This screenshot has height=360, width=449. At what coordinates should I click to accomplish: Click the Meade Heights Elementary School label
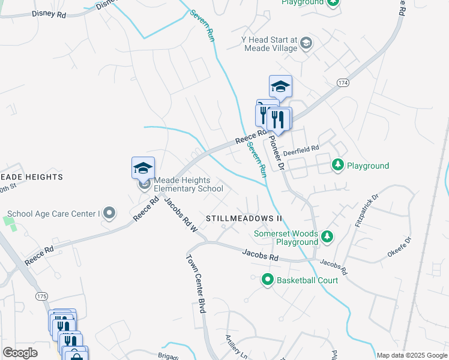188,184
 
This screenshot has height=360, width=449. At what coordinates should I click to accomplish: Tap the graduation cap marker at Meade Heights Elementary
143,167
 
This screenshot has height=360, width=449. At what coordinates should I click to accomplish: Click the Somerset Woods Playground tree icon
327,237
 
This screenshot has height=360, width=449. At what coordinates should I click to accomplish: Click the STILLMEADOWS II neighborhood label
244,218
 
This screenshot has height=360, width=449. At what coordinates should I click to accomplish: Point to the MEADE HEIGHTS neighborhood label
31,177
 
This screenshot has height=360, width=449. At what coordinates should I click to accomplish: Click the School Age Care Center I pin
109,213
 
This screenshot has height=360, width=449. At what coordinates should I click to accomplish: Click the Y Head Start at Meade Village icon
306,43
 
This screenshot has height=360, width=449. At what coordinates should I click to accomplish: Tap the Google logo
20,353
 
